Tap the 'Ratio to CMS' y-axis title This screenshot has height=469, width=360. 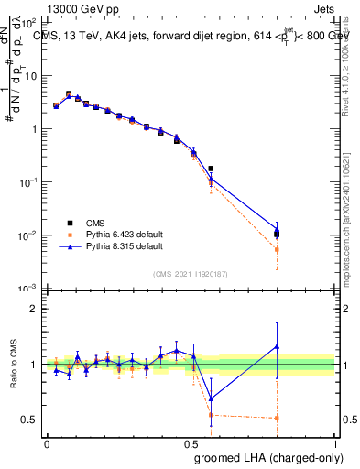(x=13, y=365)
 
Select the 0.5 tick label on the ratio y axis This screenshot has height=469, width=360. (x=28, y=420)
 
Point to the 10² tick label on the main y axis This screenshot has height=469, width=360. (x=28, y=21)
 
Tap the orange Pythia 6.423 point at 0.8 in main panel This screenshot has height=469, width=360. (x=277, y=249)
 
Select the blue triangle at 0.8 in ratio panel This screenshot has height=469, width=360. (x=277, y=346)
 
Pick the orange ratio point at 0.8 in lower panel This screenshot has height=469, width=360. (x=277, y=418)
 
